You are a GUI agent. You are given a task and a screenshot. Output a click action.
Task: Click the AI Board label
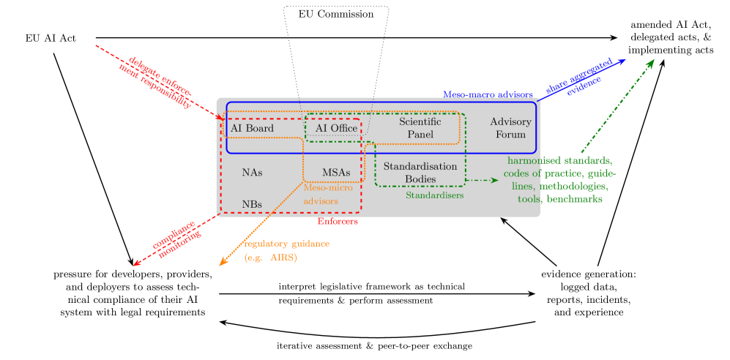[x=252, y=129]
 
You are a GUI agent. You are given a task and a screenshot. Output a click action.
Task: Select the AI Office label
[x=336, y=129]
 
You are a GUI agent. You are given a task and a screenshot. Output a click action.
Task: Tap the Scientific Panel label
[x=420, y=128]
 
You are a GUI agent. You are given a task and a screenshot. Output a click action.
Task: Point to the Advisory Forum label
[x=510, y=128]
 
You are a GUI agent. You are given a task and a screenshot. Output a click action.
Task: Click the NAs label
[x=252, y=173]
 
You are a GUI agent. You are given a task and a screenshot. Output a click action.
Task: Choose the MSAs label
[x=336, y=173]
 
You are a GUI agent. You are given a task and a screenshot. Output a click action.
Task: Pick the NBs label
[x=252, y=204]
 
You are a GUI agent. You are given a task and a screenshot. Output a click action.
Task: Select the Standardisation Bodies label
[x=420, y=173]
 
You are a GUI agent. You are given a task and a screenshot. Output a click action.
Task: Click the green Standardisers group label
[x=434, y=195]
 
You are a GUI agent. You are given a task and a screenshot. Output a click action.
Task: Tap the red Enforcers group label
[x=338, y=221]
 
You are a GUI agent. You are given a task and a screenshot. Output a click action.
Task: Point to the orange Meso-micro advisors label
[x=327, y=194]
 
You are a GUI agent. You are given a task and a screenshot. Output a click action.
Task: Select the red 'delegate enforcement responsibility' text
[x=156, y=81]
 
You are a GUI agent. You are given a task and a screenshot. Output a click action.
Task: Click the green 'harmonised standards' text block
[x=560, y=179]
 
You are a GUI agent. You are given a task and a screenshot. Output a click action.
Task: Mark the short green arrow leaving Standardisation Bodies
[x=482, y=180]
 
